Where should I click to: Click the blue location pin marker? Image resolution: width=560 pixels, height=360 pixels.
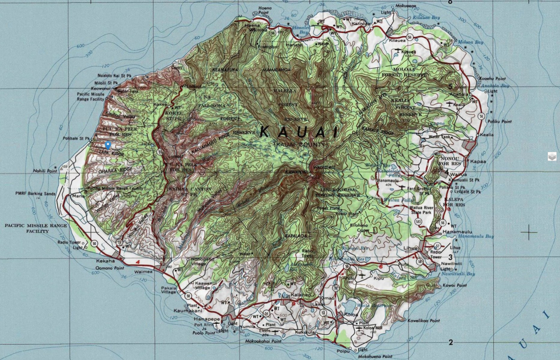[x=108, y=145]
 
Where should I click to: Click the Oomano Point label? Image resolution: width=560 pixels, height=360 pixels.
[x=107, y=267]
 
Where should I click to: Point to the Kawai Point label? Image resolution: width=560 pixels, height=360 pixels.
[x=455, y=286]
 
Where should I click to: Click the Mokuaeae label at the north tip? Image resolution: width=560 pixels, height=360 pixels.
[x=404, y=5]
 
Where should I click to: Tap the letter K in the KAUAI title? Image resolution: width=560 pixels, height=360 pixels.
[x=265, y=132]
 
